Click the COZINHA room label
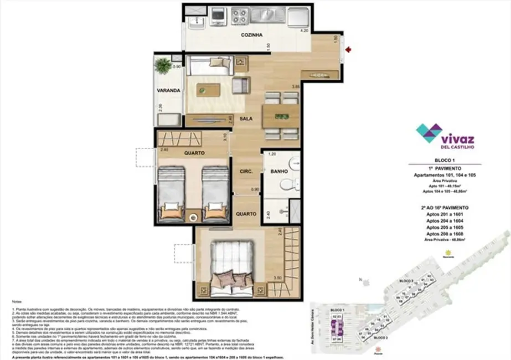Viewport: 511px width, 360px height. pos(251,35)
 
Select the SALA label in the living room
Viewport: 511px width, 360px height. pos(246,119)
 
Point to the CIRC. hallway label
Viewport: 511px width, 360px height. pos(246,172)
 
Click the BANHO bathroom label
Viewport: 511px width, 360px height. pos(278,172)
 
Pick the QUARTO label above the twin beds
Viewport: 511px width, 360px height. pos(194,153)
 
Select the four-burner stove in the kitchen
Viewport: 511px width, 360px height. pos(240,14)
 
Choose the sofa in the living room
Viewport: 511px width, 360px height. pos(206,66)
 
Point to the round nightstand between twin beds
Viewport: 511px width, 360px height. pos(193,217)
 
